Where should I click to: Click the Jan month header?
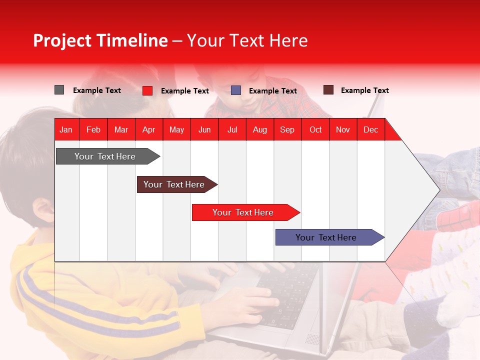coord(66,129)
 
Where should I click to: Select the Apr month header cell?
coord(148,129)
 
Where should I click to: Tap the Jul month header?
coord(232,129)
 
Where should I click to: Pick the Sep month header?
coord(287,129)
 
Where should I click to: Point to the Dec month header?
coord(370,129)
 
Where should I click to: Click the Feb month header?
coord(93,129)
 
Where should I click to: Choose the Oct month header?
coord(315,129)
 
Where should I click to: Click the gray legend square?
coord(59,90)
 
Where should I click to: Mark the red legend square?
coord(147,90)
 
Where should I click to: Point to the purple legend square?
coord(236,90)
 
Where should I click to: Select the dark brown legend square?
coord(328,90)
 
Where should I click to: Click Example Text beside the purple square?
coord(272,91)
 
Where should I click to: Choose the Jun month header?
coord(204,129)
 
